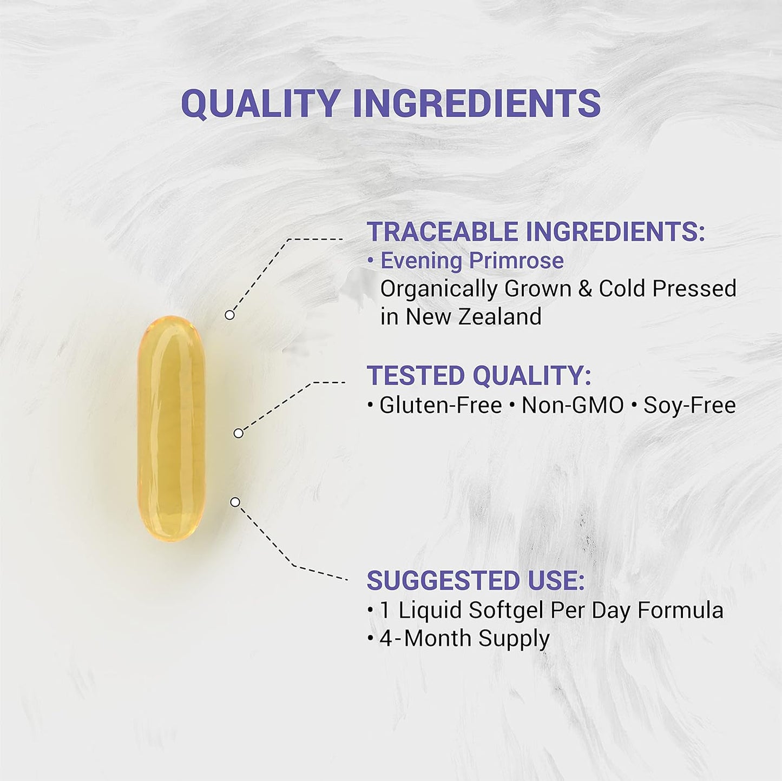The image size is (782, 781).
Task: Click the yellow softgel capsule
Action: pos(171,428)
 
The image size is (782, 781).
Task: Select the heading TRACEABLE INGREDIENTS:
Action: pos(536,231)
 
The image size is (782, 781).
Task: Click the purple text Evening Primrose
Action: pos(472,261)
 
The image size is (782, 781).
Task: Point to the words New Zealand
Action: pos(474,316)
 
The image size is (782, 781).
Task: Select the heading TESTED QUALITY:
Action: pos(479,375)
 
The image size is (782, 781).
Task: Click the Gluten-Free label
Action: pos(441,405)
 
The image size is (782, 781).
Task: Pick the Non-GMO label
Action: pos(573,405)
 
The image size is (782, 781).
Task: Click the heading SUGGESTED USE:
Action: pos(476,580)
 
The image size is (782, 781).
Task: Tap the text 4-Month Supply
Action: pos(464,638)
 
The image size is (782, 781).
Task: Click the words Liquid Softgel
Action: pos(471,610)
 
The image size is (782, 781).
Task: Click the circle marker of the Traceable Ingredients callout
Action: pos(229,315)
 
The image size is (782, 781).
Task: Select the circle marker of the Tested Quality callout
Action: pos(238,433)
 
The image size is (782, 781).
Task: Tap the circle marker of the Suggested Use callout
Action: pos(235,502)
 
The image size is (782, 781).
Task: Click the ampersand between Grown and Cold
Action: pos(585,288)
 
